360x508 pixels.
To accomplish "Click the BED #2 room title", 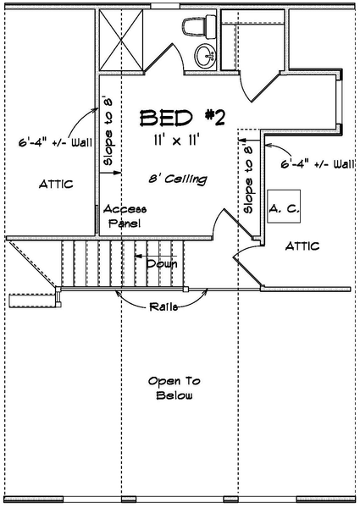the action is pyautogui.click(x=182, y=118).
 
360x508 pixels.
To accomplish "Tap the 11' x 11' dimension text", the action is pyautogui.click(x=176, y=141).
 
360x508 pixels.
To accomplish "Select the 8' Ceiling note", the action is pyautogui.click(x=178, y=179).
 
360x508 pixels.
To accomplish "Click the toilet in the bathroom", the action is pyautogui.click(x=199, y=27).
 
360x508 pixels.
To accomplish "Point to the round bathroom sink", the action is pyautogui.click(x=205, y=57).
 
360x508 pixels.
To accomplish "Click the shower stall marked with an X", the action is pyautogui.click(x=121, y=40).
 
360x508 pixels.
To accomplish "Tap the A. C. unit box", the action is pyautogui.click(x=284, y=207).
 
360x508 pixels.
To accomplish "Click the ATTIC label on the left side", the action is pyautogui.click(x=56, y=185).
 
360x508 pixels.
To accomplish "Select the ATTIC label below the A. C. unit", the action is pyautogui.click(x=302, y=246).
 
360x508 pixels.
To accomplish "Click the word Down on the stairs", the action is pyautogui.click(x=162, y=263).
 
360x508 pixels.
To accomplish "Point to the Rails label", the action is pyautogui.click(x=163, y=306).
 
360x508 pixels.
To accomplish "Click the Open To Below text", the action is pyautogui.click(x=174, y=388).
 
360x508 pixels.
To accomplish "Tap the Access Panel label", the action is pyautogui.click(x=125, y=216).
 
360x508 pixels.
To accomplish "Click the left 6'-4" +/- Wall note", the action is pyautogui.click(x=55, y=142).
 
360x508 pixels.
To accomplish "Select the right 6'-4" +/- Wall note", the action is pyautogui.click(x=318, y=164).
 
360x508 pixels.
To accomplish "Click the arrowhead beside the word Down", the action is pyautogui.click(x=138, y=256).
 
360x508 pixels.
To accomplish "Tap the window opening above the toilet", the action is pyautogui.click(x=165, y=6).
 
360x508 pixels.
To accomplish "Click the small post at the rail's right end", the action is pyautogui.click(x=186, y=289).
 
